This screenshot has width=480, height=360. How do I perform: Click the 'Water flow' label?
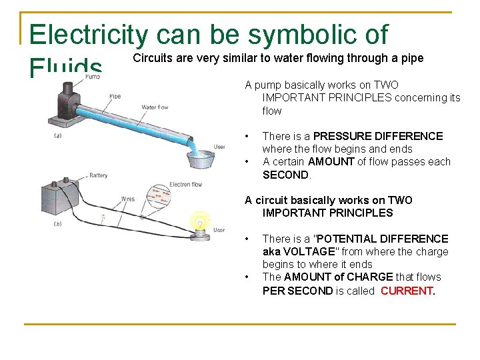(155, 107)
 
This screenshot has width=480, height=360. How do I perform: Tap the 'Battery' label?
(98, 176)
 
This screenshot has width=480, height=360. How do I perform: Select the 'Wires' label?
(126, 199)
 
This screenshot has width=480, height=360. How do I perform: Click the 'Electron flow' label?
(186, 184)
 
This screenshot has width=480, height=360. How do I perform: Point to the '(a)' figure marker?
(58, 135)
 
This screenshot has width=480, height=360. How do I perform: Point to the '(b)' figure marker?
(58, 224)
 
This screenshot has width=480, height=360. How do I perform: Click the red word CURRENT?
(407, 290)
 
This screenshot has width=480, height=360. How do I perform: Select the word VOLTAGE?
(303, 251)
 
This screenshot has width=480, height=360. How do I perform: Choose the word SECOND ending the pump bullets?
(286, 175)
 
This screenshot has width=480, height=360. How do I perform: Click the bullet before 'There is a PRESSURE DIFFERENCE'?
(247, 136)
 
